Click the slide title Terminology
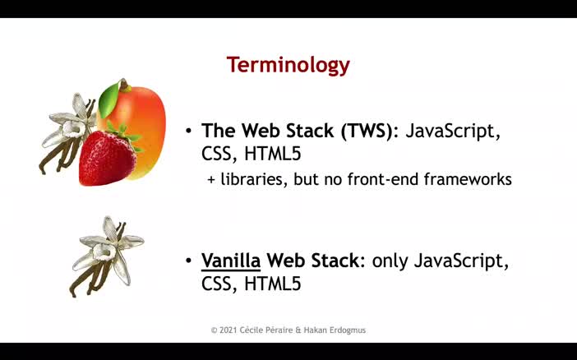tap(288, 65)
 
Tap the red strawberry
tap(107, 158)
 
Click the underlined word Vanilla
tap(231, 261)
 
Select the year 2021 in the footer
tap(231, 330)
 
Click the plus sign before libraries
tap(210, 179)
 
